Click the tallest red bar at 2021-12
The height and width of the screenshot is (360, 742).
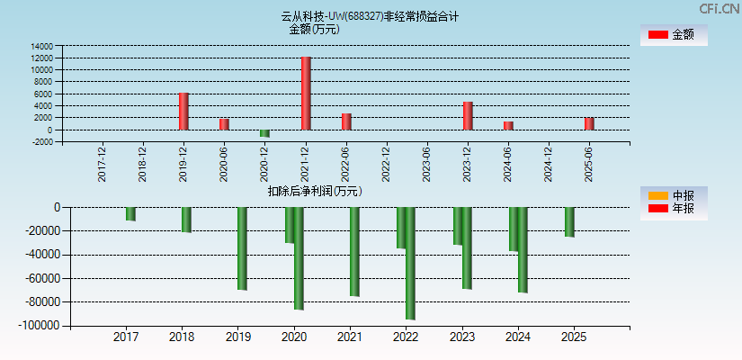click(x=306, y=94)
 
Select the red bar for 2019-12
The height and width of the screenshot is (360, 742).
click(x=183, y=112)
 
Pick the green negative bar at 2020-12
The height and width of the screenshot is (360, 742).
click(x=264, y=133)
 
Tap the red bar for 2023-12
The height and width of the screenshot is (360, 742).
click(x=468, y=116)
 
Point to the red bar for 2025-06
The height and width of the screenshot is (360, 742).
click(x=589, y=123)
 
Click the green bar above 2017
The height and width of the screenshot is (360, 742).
click(x=130, y=214)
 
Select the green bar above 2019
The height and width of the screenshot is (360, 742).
click(x=242, y=248)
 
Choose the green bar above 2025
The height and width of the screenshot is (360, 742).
click(x=569, y=222)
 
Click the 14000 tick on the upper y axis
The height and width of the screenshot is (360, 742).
click(x=41, y=46)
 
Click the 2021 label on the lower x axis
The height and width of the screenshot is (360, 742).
click(x=350, y=337)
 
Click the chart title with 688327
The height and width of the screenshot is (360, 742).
click(x=370, y=16)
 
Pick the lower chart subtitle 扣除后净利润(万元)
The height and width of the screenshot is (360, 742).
click(x=314, y=191)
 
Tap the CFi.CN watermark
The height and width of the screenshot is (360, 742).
click(x=720, y=8)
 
